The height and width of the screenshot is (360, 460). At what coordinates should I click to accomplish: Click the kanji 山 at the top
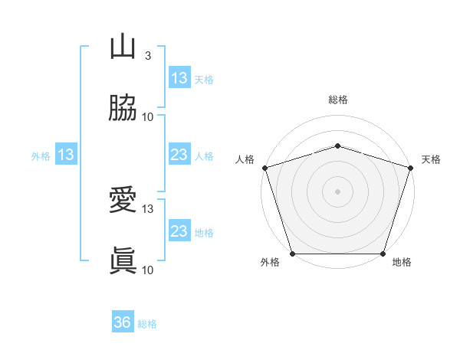[x=123, y=47]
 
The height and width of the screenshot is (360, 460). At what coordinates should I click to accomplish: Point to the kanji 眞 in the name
[x=123, y=260]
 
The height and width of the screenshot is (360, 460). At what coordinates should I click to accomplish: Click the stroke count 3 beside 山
[x=148, y=56]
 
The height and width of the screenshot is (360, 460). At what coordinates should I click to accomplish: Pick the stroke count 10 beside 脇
[x=148, y=116]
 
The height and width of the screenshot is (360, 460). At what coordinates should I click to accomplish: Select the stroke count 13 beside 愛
[x=148, y=208]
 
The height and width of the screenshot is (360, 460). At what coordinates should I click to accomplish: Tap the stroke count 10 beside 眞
[x=148, y=269]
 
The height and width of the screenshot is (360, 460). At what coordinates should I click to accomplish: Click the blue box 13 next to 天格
[x=179, y=78]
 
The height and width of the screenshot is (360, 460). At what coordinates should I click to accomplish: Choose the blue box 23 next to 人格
[x=179, y=155]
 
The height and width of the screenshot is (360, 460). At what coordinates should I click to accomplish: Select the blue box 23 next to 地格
[x=179, y=231]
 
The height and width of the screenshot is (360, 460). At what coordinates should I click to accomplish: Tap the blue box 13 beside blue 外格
[x=66, y=155]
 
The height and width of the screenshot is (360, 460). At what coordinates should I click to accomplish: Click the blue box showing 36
[x=123, y=322]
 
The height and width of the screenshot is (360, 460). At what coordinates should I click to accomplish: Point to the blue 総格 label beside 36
[x=148, y=324]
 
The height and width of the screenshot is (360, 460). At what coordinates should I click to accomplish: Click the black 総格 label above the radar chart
[x=338, y=100]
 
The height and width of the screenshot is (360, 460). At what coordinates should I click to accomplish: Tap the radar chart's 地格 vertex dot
[x=383, y=254]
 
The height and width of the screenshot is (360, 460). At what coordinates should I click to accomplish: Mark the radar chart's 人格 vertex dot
[x=265, y=168]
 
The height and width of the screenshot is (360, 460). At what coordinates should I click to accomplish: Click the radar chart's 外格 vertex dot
[x=293, y=254]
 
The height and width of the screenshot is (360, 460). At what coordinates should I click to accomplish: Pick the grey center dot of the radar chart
[x=338, y=191]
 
